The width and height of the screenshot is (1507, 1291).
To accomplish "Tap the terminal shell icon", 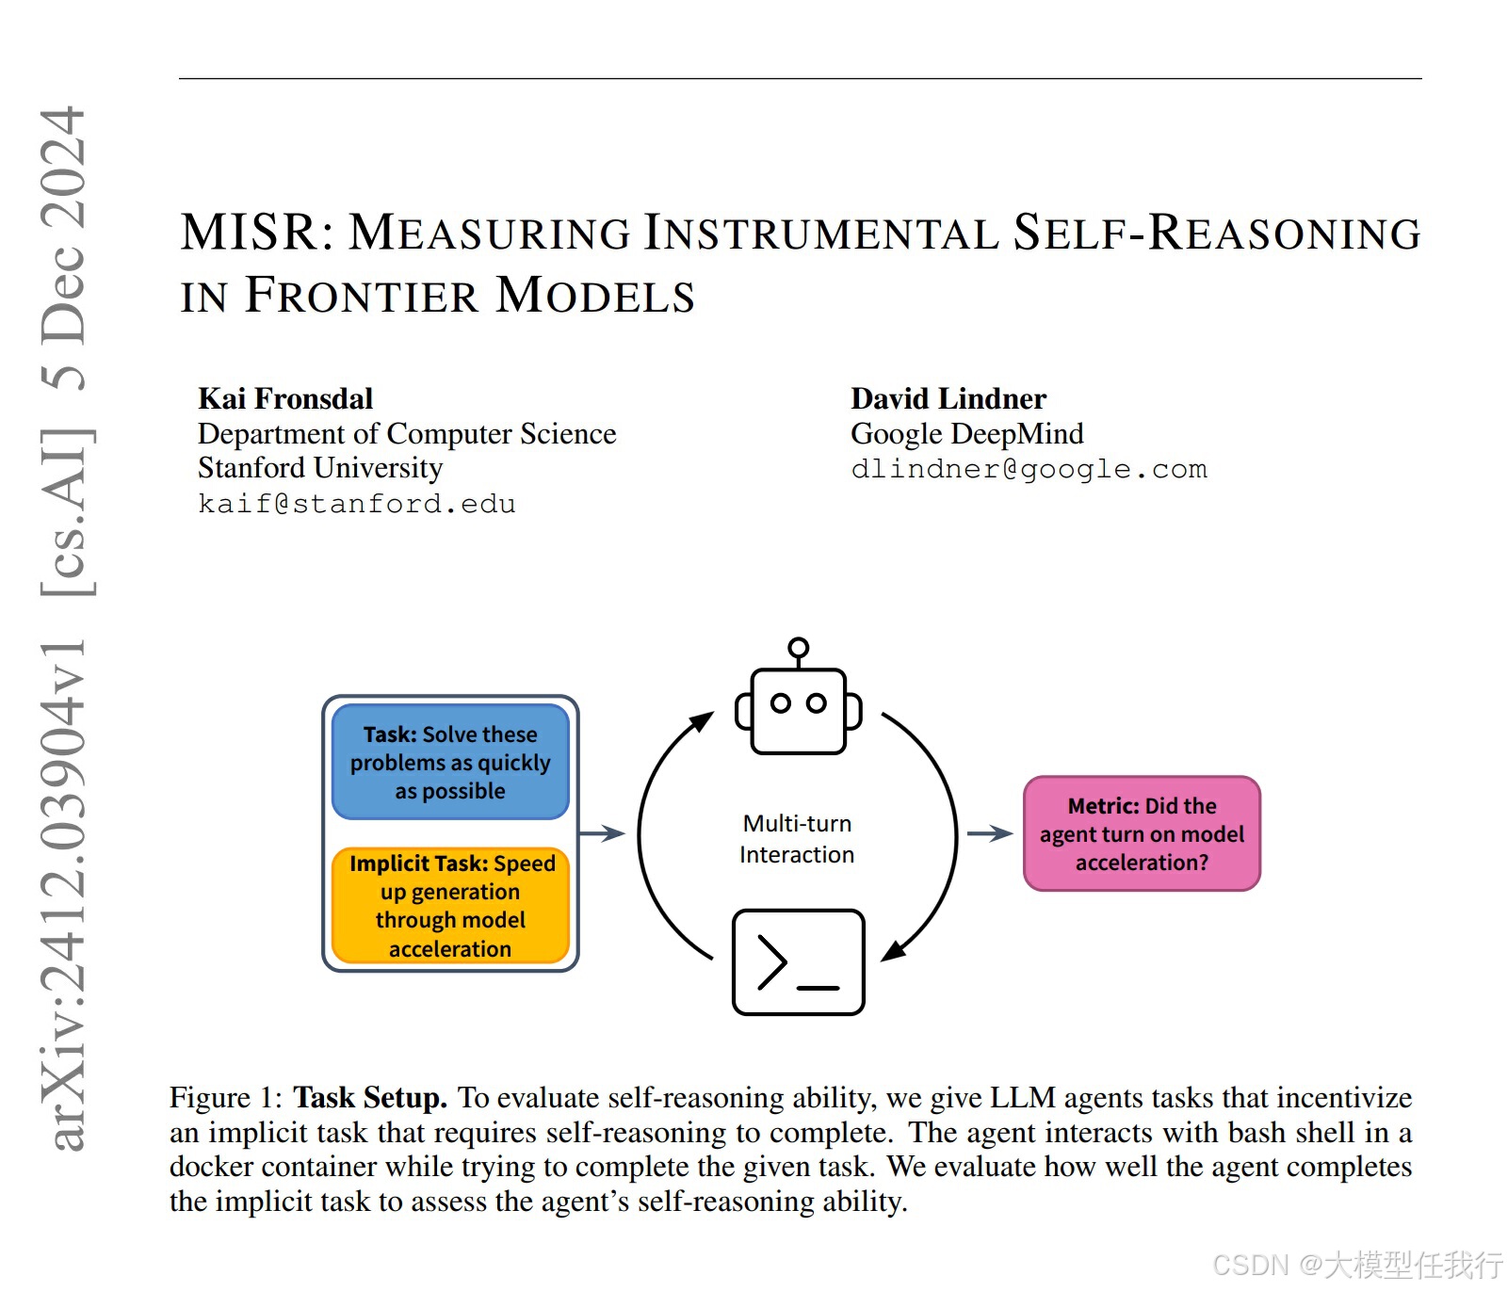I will pyautogui.click(x=798, y=961).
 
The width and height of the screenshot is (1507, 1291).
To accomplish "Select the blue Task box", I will pyautogui.click(x=450, y=762).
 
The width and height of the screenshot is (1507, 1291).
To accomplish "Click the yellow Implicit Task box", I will pyautogui.click(x=450, y=905).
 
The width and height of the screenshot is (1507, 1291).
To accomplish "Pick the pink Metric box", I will pyautogui.click(x=1142, y=833).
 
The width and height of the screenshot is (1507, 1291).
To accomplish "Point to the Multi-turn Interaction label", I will pyautogui.click(x=797, y=839).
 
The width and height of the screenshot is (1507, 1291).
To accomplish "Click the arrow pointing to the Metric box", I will pyautogui.click(x=989, y=833).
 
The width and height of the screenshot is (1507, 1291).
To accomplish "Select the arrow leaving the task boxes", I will pyautogui.click(x=602, y=833).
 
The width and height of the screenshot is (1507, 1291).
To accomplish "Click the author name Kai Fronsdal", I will pyautogui.click(x=285, y=398).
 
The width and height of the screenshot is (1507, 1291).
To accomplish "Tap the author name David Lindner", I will pyautogui.click(x=948, y=398).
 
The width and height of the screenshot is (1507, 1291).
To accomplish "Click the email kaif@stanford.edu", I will pyautogui.click(x=357, y=504).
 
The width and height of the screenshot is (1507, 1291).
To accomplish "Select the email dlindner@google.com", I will pyautogui.click(x=1029, y=469).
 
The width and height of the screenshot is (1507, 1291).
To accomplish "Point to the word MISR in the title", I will pyautogui.click(x=250, y=232).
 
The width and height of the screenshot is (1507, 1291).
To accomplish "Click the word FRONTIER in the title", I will pyautogui.click(x=363, y=295).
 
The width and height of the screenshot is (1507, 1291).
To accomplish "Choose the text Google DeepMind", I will pyautogui.click(x=966, y=433).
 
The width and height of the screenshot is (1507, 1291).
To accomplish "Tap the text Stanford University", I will pyautogui.click(x=320, y=468).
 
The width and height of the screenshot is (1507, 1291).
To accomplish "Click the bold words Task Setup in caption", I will pyautogui.click(x=370, y=1098).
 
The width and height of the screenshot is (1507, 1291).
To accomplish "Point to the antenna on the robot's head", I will pyautogui.click(x=798, y=649).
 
